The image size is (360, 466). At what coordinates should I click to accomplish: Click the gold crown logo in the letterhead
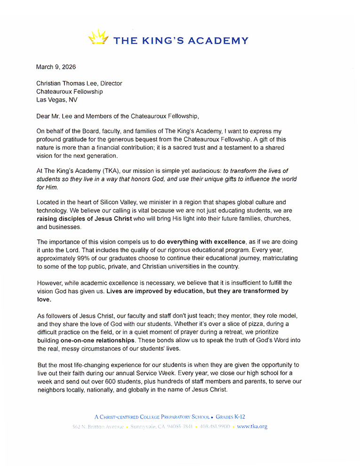pyautogui.click(x=99, y=37)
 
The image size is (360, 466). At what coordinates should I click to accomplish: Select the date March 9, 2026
pyautogui.click(x=56, y=67)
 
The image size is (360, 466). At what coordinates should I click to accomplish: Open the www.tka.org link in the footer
pyautogui.click(x=252, y=426)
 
